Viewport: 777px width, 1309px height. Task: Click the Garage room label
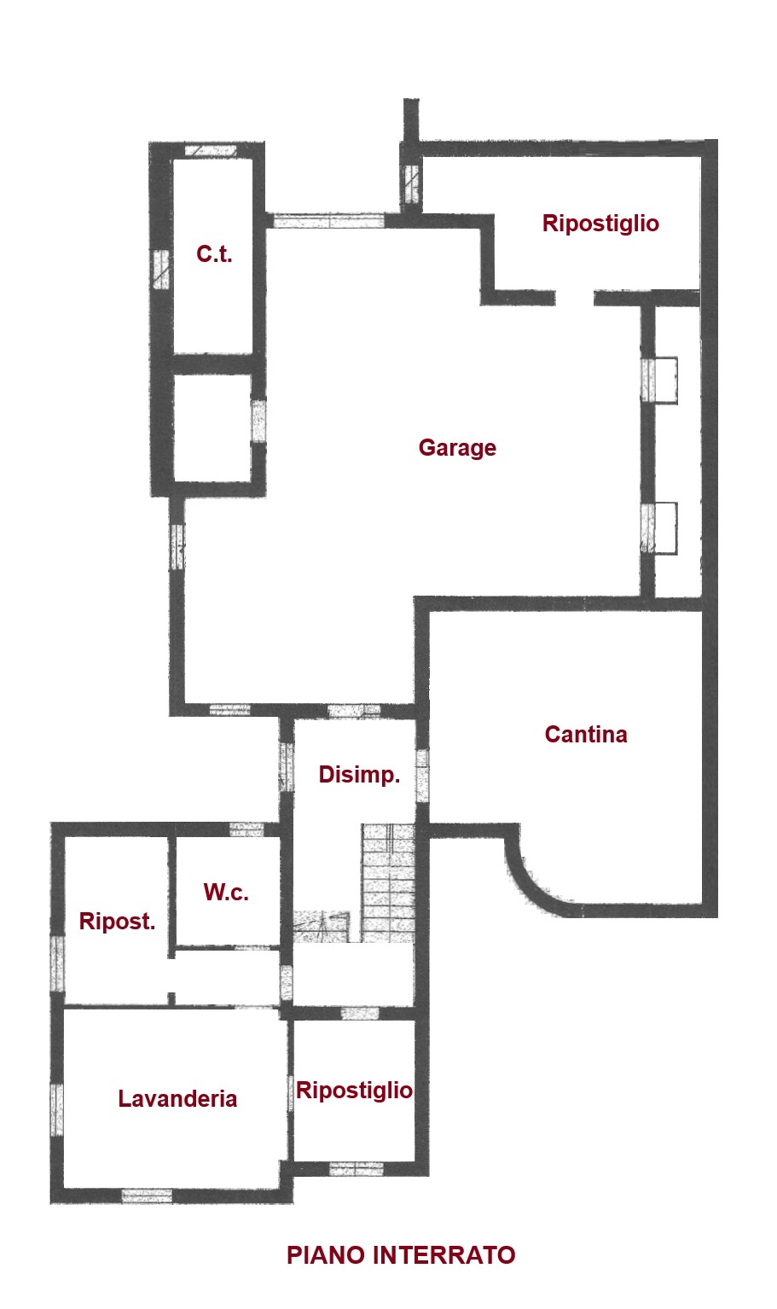click(x=457, y=448)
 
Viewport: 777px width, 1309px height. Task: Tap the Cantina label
click(x=586, y=735)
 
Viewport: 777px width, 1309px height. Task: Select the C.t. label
click(x=214, y=254)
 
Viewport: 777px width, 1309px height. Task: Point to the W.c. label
click(x=226, y=893)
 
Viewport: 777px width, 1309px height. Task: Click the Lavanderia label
click(x=177, y=1098)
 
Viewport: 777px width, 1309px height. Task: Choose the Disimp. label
click(x=359, y=775)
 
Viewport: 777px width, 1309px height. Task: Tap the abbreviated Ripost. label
click(x=118, y=922)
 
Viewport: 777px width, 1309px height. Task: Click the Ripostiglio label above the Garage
click(x=600, y=224)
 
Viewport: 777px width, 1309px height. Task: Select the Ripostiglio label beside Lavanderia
click(x=354, y=1091)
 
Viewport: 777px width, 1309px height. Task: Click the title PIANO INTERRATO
click(x=401, y=1255)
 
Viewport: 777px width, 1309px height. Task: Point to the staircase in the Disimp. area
click(x=386, y=882)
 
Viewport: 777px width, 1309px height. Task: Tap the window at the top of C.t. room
click(x=211, y=150)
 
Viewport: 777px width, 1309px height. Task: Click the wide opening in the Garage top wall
click(x=329, y=221)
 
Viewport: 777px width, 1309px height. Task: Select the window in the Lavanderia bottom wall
click(x=147, y=1196)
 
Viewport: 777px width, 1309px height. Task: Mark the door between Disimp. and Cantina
click(x=422, y=776)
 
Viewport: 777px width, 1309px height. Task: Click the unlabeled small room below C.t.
click(x=212, y=428)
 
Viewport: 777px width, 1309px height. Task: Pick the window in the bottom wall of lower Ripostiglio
click(x=357, y=1168)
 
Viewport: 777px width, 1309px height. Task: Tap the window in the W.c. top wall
click(x=246, y=829)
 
